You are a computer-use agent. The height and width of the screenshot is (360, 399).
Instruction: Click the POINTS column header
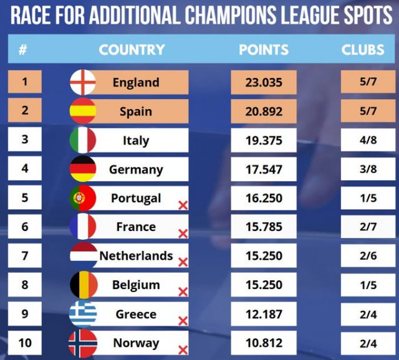[x=264, y=50]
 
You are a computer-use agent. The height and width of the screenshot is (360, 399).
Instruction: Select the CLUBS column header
[x=363, y=50]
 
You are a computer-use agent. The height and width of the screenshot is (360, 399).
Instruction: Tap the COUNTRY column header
[x=132, y=50]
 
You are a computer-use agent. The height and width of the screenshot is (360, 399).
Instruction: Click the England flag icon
[x=83, y=82]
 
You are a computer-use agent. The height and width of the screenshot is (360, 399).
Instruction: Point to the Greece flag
[x=83, y=314]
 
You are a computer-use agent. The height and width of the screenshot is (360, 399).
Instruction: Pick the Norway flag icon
[x=83, y=343]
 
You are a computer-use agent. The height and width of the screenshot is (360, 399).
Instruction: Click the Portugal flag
[x=83, y=198]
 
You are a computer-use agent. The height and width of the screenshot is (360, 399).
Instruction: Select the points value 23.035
[x=264, y=82]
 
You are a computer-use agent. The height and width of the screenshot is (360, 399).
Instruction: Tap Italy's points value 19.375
[x=264, y=140]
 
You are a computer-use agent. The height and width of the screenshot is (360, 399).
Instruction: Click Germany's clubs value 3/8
[x=368, y=169]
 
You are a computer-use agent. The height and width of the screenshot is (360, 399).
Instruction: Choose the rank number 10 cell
[x=25, y=343]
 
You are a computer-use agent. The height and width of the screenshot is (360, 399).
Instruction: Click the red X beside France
[x=183, y=234]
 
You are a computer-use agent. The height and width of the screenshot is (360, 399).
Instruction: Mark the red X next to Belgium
[x=183, y=292]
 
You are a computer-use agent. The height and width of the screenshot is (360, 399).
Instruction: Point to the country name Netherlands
[x=136, y=256]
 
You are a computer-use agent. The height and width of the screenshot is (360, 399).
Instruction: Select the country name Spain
[x=136, y=112]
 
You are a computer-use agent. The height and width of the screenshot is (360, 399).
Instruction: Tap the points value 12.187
[x=264, y=315]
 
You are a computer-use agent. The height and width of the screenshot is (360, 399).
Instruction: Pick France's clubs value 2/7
[x=368, y=227]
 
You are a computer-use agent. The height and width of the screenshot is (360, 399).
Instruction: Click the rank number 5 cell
[x=25, y=197]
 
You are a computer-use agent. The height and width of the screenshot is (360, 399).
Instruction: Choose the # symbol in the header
[x=22, y=50]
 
